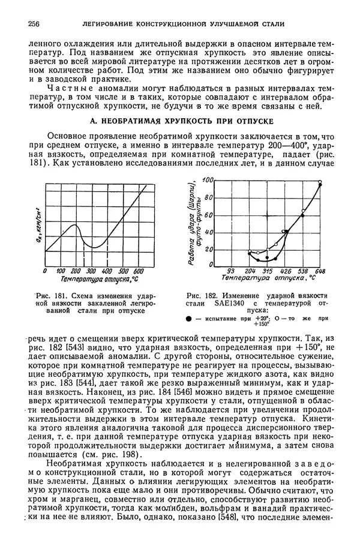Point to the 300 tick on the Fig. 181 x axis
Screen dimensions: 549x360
pyautogui.click(x=93, y=271)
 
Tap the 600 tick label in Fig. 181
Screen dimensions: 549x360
pyautogui.click(x=138, y=271)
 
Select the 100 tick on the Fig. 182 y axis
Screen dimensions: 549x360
pyautogui.click(x=208, y=180)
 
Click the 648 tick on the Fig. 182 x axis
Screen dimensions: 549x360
pyautogui.click(x=320, y=271)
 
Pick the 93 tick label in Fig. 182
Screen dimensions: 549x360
pyautogui.click(x=230, y=271)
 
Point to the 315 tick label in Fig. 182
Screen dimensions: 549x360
pyautogui.click(x=268, y=271)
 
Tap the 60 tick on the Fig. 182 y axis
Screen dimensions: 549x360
pyautogui.click(x=208, y=214)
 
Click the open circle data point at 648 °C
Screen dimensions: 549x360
pyautogui.click(x=320, y=181)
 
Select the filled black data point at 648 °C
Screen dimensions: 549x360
pyautogui.click(x=319, y=185)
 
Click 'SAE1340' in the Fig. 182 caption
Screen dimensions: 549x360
pyautogui.click(x=218, y=304)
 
